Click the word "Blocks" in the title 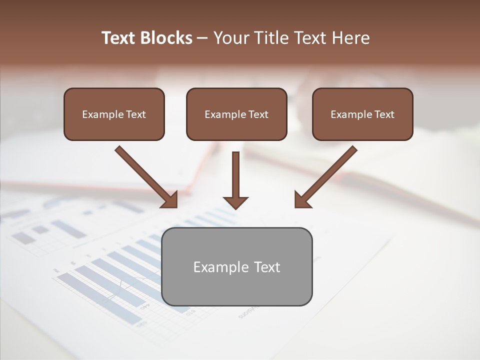(x=166, y=38)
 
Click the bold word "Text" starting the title (x=118, y=38)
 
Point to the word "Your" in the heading (x=230, y=38)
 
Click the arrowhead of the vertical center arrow (x=235, y=202)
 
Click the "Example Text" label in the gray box (x=237, y=267)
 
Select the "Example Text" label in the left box (x=114, y=114)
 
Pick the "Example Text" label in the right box (x=362, y=114)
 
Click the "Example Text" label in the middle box (x=236, y=114)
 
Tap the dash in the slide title (x=202, y=38)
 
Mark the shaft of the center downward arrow (x=235, y=173)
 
